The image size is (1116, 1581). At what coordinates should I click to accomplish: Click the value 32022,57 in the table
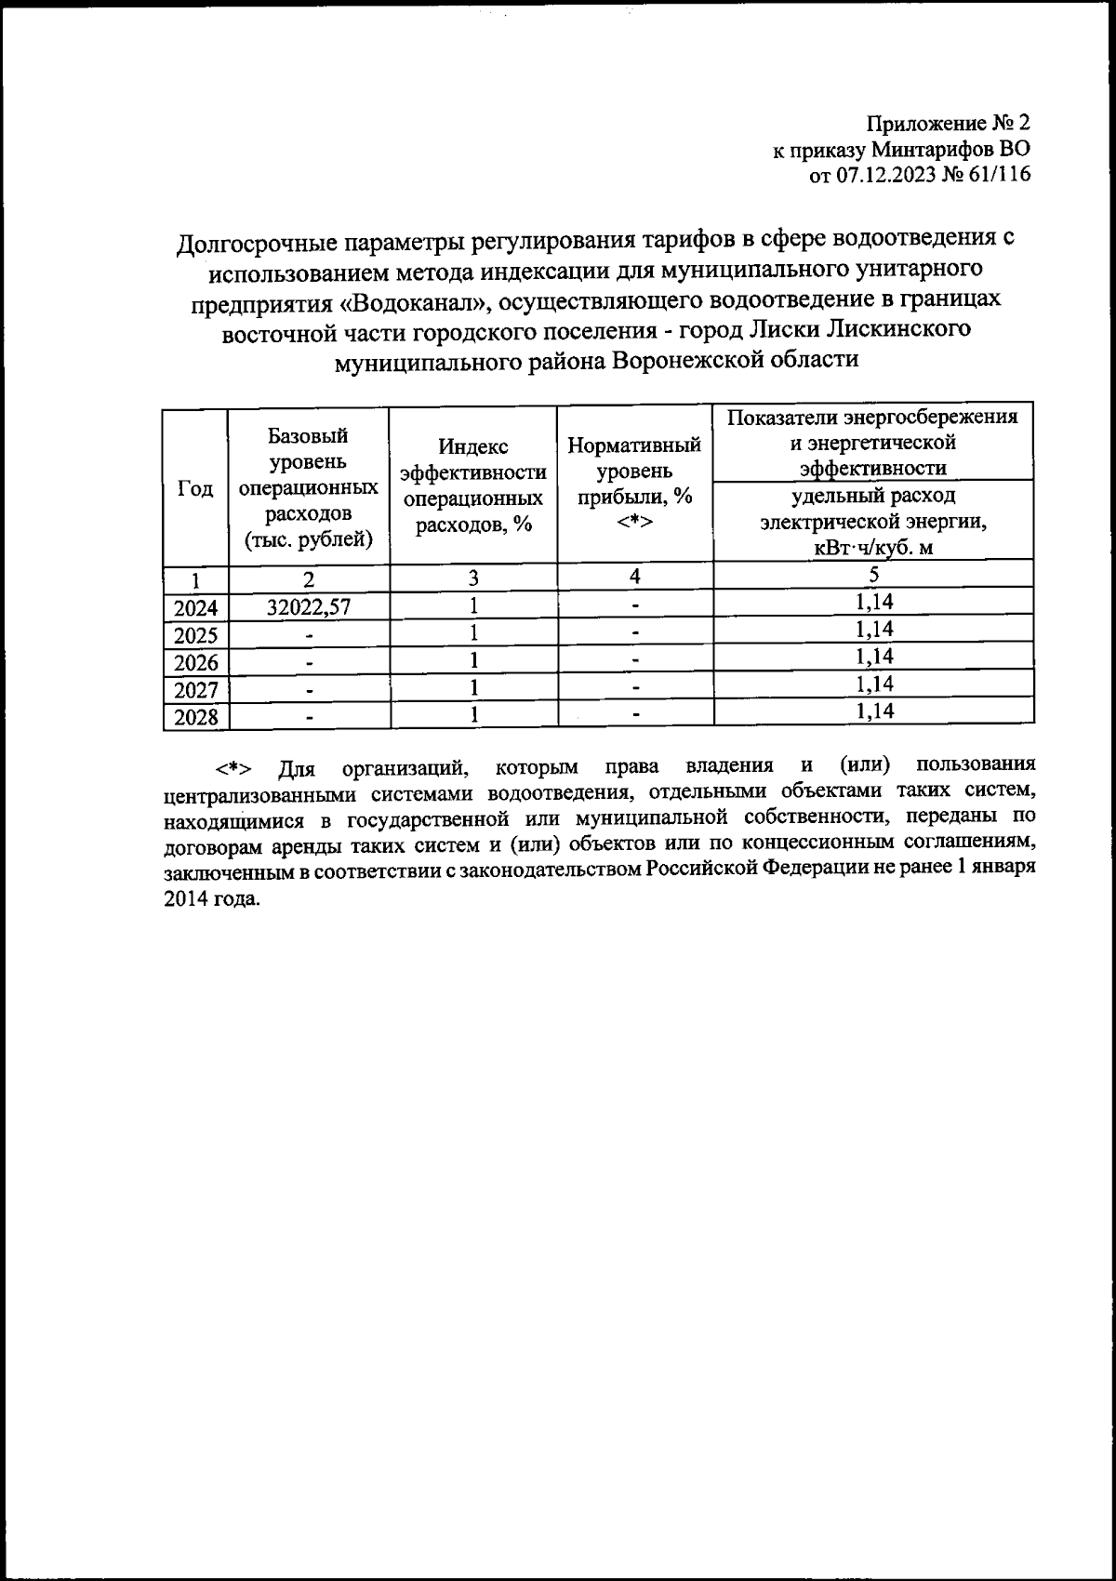308,607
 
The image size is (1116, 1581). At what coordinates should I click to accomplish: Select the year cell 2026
195,663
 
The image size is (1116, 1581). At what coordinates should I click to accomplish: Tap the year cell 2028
195,717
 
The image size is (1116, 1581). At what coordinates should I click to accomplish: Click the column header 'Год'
195,489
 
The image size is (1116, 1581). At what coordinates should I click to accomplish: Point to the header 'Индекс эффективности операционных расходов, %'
472,485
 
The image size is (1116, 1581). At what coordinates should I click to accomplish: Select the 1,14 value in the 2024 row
873,602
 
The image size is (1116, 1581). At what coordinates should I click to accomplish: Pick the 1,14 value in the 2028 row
873,711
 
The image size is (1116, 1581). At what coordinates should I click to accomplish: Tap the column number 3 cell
472,578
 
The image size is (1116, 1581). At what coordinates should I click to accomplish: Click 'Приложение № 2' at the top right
949,124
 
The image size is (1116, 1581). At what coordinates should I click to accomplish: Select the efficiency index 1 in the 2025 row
472,634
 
